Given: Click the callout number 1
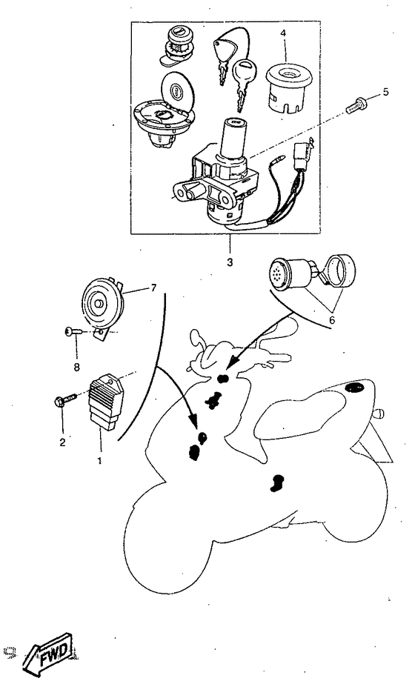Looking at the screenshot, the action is pyautogui.click(x=99, y=460).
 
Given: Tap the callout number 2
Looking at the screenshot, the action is pyautogui.click(x=63, y=442).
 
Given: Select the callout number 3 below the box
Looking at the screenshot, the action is pyautogui.click(x=230, y=262).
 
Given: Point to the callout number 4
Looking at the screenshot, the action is pyautogui.click(x=283, y=33).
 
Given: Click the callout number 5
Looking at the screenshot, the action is pyautogui.click(x=386, y=92).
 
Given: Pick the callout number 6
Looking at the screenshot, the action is pyautogui.click(x=332, y=319).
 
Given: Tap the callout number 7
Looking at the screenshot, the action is pyautogui.click(x=153, y=288).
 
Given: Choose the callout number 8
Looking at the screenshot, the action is pyautogui.click(x=77, y=367).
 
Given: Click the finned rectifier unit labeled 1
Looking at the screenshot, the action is pyautogui.click(x=106, y=402).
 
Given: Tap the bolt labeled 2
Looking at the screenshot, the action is pyautogui.click(x=65, y=400).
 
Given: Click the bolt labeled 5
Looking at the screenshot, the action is pyautogui.click(x=357, y=104).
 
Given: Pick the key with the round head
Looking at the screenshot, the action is pyautogui.click(x=242, y=82).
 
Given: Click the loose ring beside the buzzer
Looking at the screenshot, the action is pyautogui.click(x=340, y=270).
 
